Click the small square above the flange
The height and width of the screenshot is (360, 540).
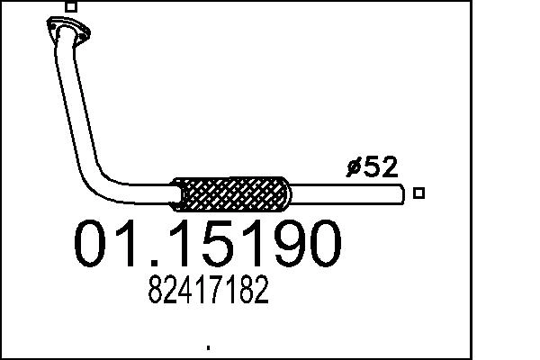[71, 6]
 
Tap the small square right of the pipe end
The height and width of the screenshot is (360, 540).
[418, 192]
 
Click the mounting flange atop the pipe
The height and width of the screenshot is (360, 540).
[65, 31]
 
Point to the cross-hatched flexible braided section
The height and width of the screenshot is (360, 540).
[232, 192]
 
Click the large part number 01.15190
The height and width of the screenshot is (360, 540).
[208, 244]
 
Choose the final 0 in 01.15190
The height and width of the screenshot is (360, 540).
[321, 244]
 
